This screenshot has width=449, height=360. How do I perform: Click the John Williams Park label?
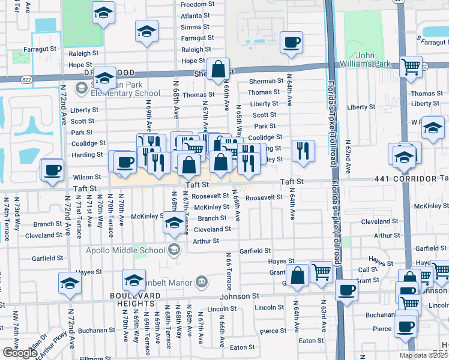pos(369,59)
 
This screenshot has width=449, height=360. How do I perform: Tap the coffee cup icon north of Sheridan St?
pos(291,43)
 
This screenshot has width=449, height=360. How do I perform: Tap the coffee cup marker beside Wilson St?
pos(52,170)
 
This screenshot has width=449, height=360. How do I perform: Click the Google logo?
pos(19,353)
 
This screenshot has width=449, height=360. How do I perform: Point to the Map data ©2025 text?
pos(423,355)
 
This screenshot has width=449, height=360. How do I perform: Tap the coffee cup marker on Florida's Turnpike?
pos(346,290)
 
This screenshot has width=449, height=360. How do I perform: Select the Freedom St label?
pos(196,4)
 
